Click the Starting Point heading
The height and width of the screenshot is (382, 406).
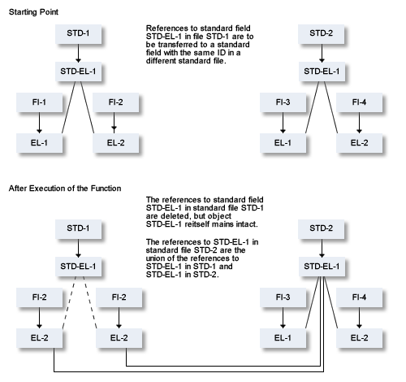coord(33,12)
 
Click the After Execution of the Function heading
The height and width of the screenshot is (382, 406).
coord(65,189)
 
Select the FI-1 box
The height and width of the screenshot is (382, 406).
coord(39,102)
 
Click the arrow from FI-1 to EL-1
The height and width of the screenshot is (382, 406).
coord(39,123)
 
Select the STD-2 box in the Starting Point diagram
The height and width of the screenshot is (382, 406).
coord(322,34)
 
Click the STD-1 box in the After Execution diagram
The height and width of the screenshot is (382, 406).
coord(79,229)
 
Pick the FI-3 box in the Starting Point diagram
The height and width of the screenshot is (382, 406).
coord(283,102)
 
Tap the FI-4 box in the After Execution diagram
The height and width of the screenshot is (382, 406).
coord(359,297)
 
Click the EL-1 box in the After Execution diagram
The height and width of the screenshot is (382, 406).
coord(283,338)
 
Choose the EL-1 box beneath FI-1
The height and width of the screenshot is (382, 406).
coord(39,143)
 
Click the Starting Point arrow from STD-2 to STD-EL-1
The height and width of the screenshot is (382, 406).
coord(322,53)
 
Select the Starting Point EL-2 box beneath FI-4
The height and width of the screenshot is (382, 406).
coord(359,143)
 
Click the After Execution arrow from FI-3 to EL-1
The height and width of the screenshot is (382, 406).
coord(283,318)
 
